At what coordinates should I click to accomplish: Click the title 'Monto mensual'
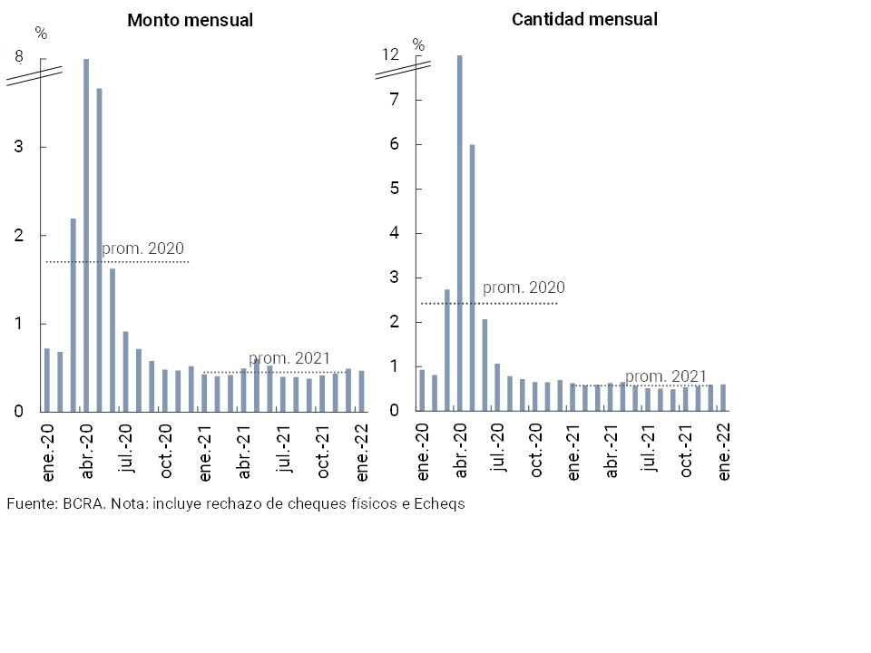click(x=190, y=20)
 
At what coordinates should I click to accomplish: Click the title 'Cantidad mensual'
click(x=584, y=19)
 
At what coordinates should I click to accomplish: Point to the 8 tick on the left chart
click(x=19, y=57)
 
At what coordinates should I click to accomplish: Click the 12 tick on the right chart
click(x=390, y=54)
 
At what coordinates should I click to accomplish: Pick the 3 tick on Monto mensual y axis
click(x=19, y=147)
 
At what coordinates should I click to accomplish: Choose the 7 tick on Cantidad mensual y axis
click(x=395, y=100)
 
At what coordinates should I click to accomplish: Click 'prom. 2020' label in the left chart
click(x=142, y=249)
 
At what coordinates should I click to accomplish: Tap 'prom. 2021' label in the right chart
click(x=666, y=376)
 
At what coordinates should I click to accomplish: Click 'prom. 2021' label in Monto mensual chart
click(x=289, y=358)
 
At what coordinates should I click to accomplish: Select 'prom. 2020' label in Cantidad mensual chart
click(x=524, y=288)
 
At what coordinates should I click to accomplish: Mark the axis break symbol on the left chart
click(x=34, y=75)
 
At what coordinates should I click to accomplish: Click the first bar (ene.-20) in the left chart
click(x=47, y=380)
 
